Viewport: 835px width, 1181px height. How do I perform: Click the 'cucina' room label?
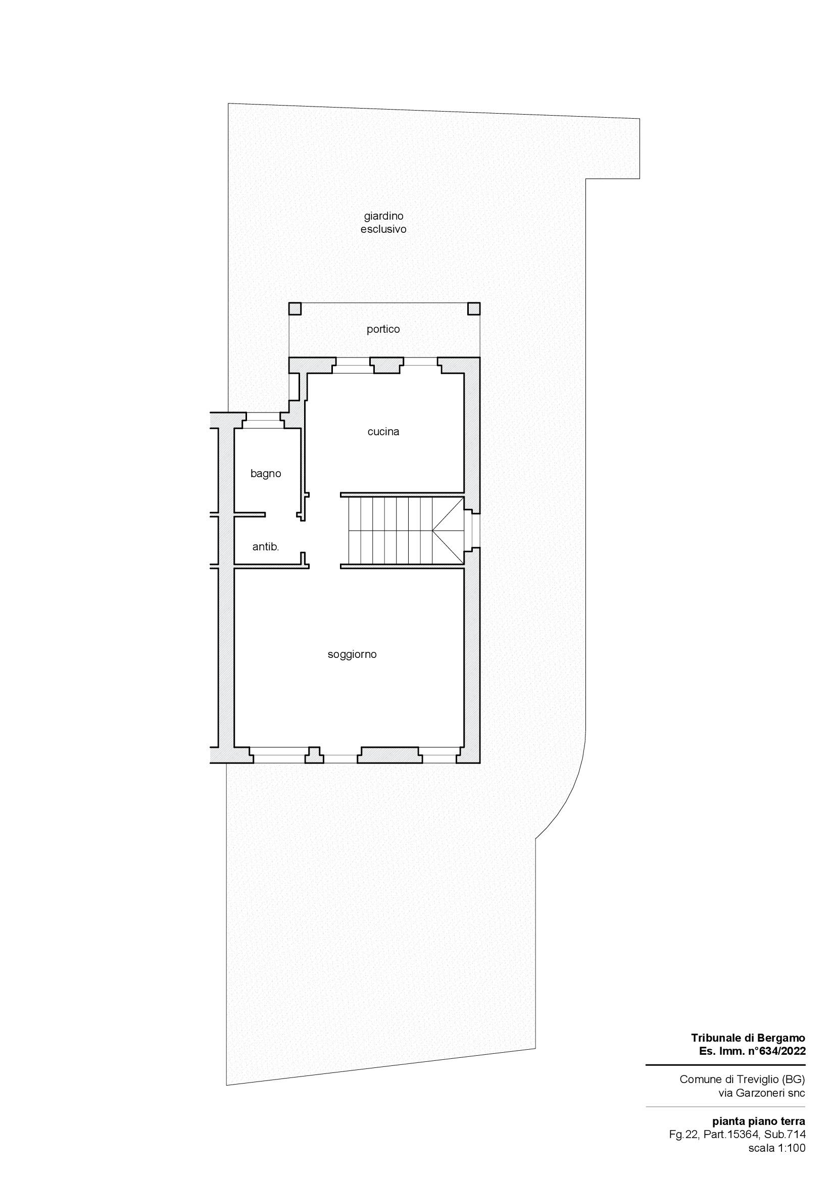tap(383, 432)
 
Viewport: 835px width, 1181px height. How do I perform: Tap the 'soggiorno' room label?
tap(352, 655)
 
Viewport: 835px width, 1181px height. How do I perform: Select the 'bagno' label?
tap(266, 474)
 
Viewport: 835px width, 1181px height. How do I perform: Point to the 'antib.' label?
tap(266, 547)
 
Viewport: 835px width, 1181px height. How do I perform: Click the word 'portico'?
tap(383, 329)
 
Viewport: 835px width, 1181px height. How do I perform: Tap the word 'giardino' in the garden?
tap(383, 216)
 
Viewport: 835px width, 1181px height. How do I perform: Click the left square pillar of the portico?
tap(295, 309)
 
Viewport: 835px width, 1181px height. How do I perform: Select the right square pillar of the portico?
tap(474, 309)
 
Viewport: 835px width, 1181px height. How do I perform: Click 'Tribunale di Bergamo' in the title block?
tap(749, 1038)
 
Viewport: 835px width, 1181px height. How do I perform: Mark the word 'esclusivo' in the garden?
tap(383, 229)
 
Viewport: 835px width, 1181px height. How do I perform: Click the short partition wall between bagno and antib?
tap(250, 514)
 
